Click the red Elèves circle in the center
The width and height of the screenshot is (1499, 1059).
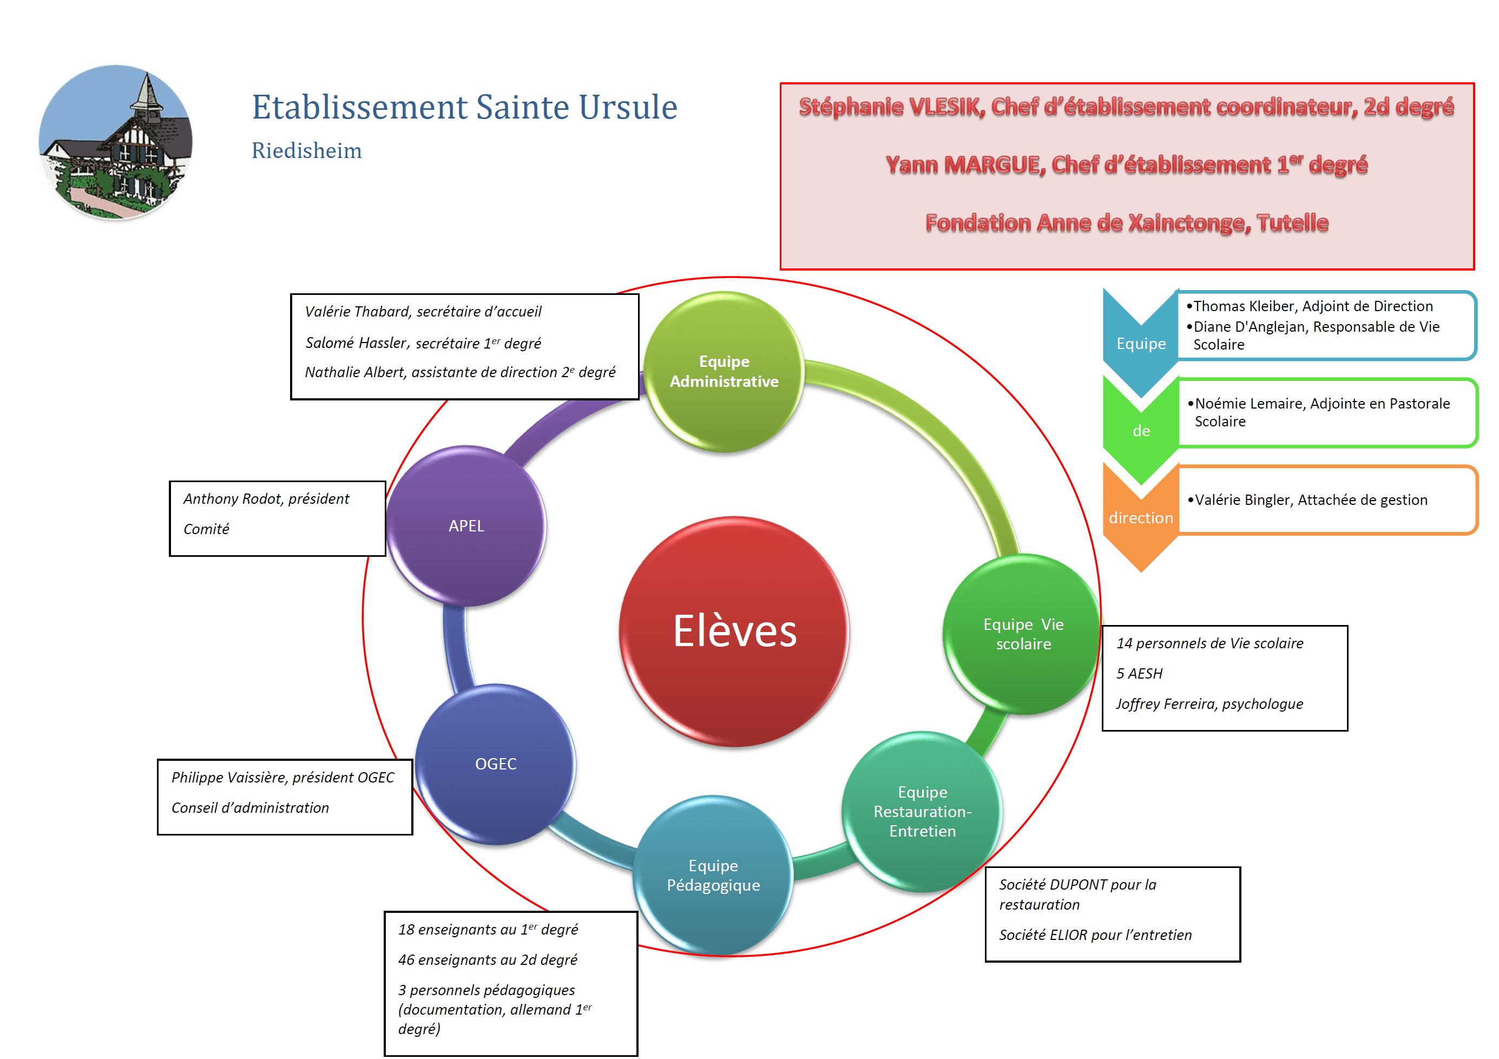pyautogui.click(x=734, y=632)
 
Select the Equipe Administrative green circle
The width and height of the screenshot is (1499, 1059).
pyautogui.click(x=724, y=372)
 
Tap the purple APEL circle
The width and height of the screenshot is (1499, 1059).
pyautogui.click(x=466, y=525)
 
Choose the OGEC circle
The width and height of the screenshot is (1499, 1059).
pyautogui.click(x=496, y=764)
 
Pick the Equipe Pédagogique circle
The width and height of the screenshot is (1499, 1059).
pyautogui.click(x=713, y=875)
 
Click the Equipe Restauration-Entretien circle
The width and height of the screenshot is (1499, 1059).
pyautogui.click(x=922, y=812)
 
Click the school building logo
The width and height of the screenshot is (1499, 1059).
pyautogui.click(x=116, y=142)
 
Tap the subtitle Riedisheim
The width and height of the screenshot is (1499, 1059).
pyautogui.click(x=306, y=151)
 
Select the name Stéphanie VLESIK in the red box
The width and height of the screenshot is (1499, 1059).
pyautogui.click(x=891, y=107)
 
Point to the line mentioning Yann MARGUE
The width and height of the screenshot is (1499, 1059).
pyautogui.click(x=1126, y=165)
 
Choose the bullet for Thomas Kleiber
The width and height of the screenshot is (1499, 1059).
pyautogui.click(x=1312, y=306)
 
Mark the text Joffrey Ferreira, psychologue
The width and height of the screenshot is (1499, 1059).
pyautogui.click(x=1209, y=704)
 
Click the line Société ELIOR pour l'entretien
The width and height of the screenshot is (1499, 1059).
pyautogui.click(x=1095, y=935)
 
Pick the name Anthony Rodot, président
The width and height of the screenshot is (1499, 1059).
pyautogui.click(x=266, y=499)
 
